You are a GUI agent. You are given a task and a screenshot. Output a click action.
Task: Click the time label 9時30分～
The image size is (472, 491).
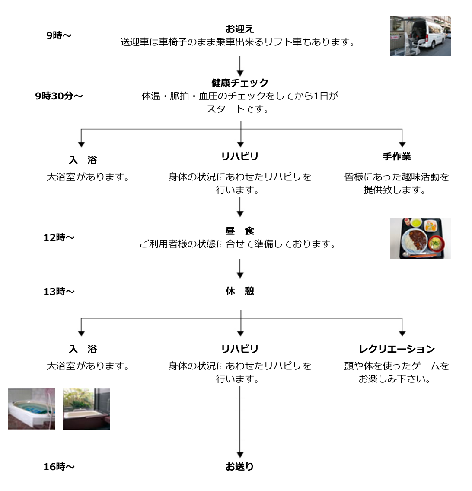pyautogui.click(x=59, y=96)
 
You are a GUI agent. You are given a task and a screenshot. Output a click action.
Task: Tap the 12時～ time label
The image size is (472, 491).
pyautogui.click(x=59, y=237)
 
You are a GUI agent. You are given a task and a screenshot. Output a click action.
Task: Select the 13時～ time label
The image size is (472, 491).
pyautogui.click(x=59, y=292)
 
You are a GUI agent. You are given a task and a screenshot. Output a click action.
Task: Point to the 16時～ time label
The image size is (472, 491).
pyautogui.click(x=59, y=467)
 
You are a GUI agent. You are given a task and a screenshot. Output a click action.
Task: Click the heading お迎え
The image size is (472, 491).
pyautogui.click(x=239, y=29)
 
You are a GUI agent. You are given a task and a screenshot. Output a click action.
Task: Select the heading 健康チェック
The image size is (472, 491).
pyautogui.click(x=240, y=83)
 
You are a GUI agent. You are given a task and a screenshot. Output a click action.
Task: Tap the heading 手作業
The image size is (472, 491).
pyautogui.click(x=397, y=157)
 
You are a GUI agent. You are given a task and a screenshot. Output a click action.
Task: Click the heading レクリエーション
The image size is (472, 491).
pyautogui.click(x=397, y=349)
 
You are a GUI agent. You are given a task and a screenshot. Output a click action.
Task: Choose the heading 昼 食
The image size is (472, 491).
pyautogui.click(x=240, y=231)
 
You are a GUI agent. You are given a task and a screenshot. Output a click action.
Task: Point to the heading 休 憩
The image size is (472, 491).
pyautogui.click(x=240, y=291)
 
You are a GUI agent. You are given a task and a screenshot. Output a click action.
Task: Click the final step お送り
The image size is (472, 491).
pyautogui.click(x=239, y=467)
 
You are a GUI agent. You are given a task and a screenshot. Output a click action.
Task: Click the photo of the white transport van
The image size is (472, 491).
pyautogui.click(x=420, y=36)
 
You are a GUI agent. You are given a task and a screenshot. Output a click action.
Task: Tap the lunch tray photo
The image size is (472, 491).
pyautogui.click(x=420, y=238)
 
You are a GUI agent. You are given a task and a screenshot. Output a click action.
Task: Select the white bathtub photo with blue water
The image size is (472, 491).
pyautogui.click(x=32, y=409)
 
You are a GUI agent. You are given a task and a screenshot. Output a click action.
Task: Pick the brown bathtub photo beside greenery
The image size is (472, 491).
pyautogui.click(x=86, y=409)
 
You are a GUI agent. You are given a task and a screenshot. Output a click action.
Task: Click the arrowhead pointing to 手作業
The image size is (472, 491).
pyautogui.click(x=402, y=144)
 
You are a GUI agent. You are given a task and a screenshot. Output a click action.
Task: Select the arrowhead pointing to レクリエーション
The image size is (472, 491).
pyautogui.click(x=402, y=333)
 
